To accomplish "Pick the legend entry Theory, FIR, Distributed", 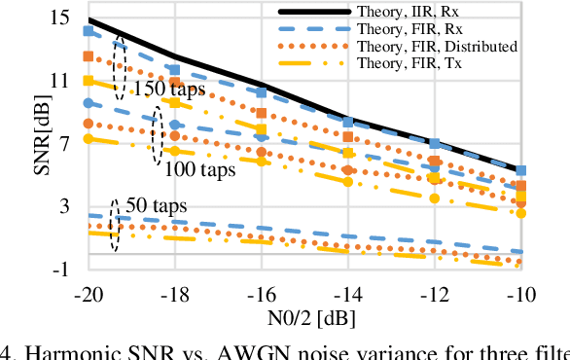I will [437, 46].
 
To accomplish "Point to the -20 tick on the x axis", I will [88, 293].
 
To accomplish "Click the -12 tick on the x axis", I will [435, 293].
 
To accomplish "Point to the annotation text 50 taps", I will [155, 206].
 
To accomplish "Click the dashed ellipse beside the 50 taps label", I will [115, 226].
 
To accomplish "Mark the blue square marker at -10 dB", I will [521, 171].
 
